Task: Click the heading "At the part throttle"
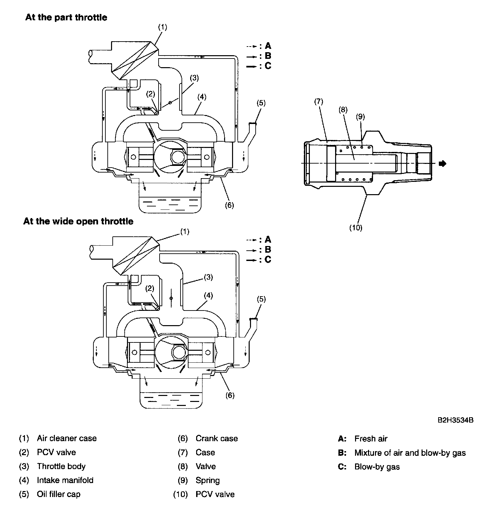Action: tap(66, 17)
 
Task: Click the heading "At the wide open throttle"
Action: tap(78, 221)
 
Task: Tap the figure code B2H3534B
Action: tap(455, 420)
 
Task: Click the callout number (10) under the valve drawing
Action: tap(355, 228)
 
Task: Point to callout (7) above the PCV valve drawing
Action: tap(318, 101)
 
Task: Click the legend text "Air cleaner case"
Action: tap(67, 438)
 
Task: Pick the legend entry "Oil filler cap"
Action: tap(59, 494)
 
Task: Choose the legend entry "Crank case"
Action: tap(217, 438)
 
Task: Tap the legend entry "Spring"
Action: tap(208, 480)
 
